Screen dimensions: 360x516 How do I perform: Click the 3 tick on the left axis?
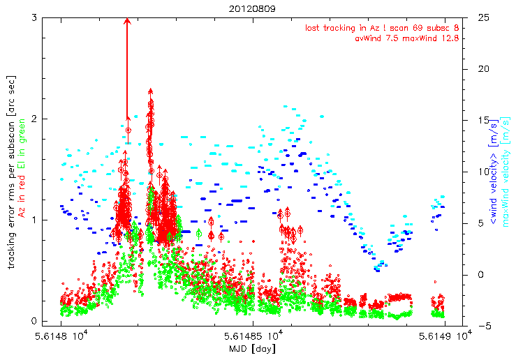[x=34, y=17]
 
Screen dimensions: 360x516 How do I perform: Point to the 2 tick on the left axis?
[x=34, y=119]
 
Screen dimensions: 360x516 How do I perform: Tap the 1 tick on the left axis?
[x=34, y=220]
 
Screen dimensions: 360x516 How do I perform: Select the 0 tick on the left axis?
[x=34, y=322]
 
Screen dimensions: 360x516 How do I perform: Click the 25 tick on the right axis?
[x=482, y=17]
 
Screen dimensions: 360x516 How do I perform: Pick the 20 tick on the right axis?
[x=482, y=68]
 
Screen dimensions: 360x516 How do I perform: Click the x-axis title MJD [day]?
[x=252, y=348]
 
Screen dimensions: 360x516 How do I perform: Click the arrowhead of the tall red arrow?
[x=127, y=22]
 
